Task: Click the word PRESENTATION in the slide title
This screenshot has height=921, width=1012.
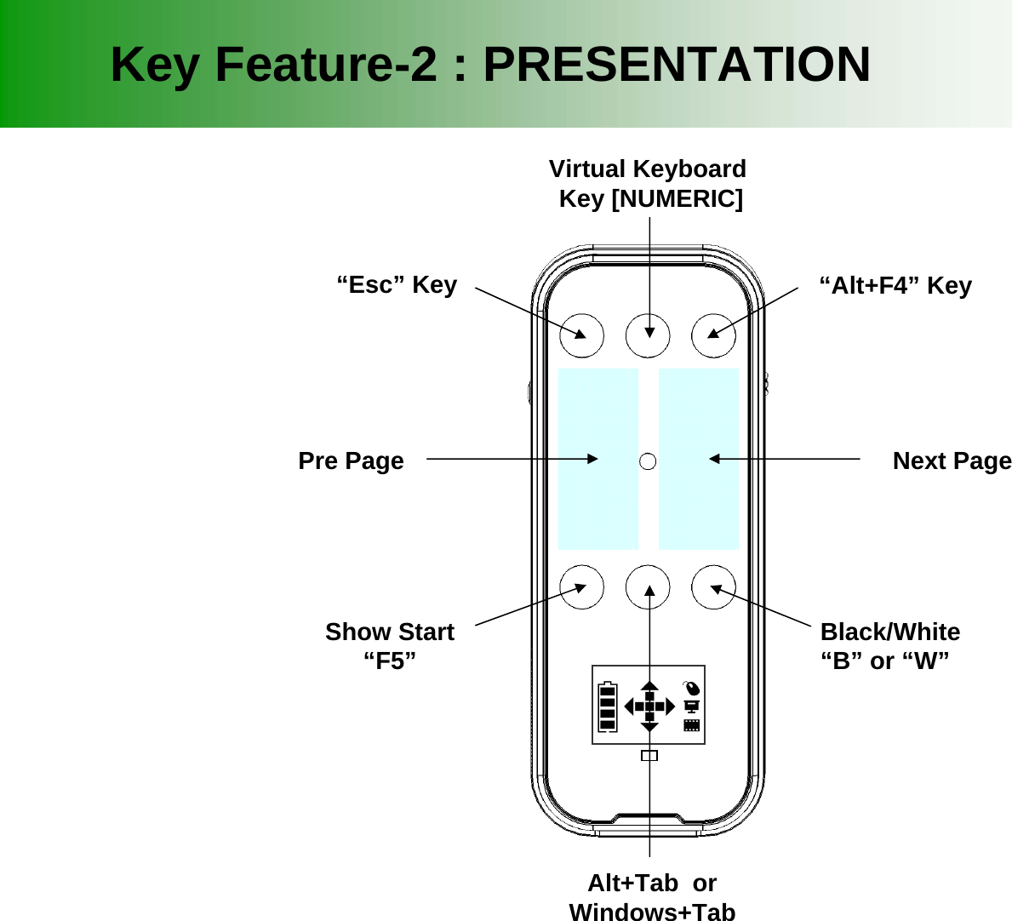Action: [x=677, y=65]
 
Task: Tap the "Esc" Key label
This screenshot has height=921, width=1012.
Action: [x=397, y=285]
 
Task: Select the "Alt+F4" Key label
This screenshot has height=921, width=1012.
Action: [x=895, y=286]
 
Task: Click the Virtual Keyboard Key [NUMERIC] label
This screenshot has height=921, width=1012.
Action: [x=649, y=184]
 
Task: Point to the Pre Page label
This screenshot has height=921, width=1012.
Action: [x=351, y=461]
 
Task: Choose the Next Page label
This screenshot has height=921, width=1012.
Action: [x=951, y=461]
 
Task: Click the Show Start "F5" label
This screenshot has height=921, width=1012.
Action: [x=390, y=646]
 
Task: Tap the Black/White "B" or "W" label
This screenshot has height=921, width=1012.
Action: [x=889, y=646]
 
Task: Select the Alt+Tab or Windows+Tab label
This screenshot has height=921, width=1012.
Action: [x=651, y=896]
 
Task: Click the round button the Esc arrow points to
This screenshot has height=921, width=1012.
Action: [x=582, y=336]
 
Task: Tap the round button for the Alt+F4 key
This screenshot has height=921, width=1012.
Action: [x=714, y=336]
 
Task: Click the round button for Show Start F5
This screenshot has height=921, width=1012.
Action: [x=582, y=587]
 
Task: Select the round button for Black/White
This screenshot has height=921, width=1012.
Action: [x=714, y=587]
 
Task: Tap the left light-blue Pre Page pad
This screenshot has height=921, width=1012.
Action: [x=597, y=460]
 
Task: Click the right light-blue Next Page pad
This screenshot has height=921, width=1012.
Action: [x=699, y=460]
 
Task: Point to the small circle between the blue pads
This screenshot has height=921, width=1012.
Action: [x=648, y=461]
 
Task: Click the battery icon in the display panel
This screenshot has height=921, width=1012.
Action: [x=607, y=706]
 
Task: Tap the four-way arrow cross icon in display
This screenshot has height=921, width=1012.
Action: [x=649, y=706]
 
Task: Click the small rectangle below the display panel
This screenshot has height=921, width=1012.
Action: [x=649, y=756]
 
